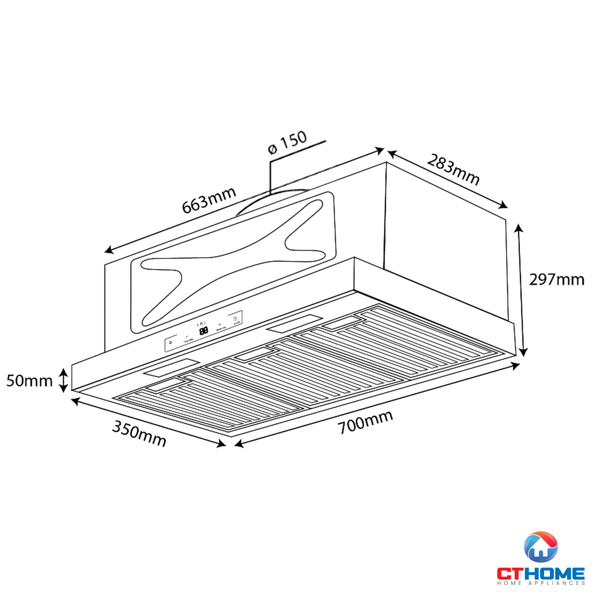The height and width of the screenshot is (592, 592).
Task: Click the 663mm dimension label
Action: pos(209,200)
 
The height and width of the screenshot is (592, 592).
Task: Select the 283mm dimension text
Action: pos(453,170)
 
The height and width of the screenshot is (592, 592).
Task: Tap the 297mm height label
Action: pos(557,280)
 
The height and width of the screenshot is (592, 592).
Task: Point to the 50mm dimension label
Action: pos(29,381)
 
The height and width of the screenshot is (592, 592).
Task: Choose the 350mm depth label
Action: pos(139,433)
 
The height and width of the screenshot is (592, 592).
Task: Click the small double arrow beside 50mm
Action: pos(63,380)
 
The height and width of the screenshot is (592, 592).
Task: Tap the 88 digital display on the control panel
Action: pos(204,331)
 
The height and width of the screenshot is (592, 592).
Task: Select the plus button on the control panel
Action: pos(219,324)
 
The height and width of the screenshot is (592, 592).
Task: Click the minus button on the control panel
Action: pos(187,337)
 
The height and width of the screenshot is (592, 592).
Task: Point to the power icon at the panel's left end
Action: pos(170,342)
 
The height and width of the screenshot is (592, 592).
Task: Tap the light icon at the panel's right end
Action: pos(236,319)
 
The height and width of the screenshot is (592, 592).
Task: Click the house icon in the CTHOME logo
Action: pos(540,547)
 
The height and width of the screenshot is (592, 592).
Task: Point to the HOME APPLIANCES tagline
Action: pos(541,583)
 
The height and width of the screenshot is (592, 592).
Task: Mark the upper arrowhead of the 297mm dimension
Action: pos(518,229)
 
